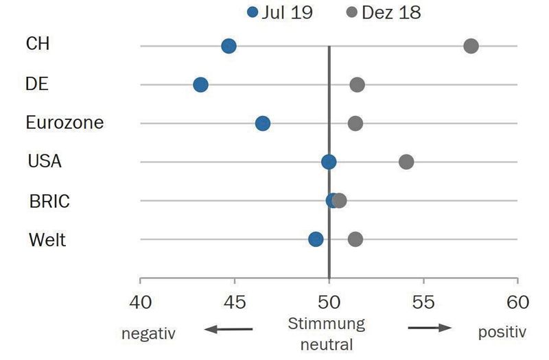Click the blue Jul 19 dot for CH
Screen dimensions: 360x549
[229, 46]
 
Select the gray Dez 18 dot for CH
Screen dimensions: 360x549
[471, 46]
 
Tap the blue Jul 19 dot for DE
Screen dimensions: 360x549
[200, 85]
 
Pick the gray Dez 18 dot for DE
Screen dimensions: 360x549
[357, 85]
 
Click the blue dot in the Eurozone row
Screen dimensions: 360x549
[262, 123]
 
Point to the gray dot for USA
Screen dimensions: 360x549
[406, 162]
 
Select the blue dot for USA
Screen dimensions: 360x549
[329, 162]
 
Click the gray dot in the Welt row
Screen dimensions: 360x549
[355, 239]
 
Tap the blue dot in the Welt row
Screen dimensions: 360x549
[316, 239]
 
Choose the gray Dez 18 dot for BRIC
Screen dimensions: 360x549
[340, 200]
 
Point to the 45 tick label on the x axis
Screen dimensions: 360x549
[235, 302]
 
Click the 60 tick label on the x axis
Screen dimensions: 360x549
[517, 302]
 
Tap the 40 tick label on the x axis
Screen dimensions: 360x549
[140, 302]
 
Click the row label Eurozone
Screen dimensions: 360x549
[65, 123]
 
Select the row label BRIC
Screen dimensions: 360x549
[49, 202]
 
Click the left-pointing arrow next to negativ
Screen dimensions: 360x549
[228, 330]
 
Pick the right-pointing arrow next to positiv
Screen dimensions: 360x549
[430, 328]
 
